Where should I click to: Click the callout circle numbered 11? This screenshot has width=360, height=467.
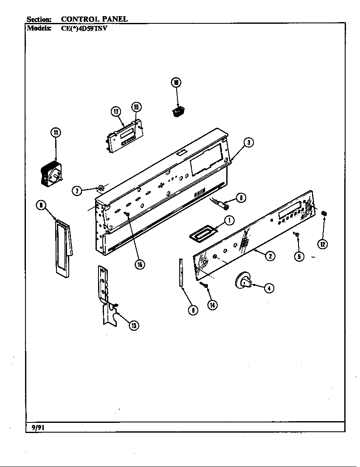pyautogui.click(x=56, y=132)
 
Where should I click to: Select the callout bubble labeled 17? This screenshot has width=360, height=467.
pyautogui.click(x=116, y=112)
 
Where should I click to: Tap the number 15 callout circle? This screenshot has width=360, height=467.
pyautogui.click(x=136, y=107)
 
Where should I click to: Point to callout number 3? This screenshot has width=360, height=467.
pyautogui.click(x=250, y=143)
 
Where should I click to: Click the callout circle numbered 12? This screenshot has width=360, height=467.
pyautogui.click(x=323, y=244)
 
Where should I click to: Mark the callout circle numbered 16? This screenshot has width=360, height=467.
pyautogui.click(x=139, y=264)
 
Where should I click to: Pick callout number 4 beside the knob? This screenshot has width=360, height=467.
pyautogui.click(x=268, y=288)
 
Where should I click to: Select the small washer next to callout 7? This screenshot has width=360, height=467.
pyautogui.click(x=101, y=188)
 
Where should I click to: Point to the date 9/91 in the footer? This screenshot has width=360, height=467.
pyautogui.click(x=38, y=428)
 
